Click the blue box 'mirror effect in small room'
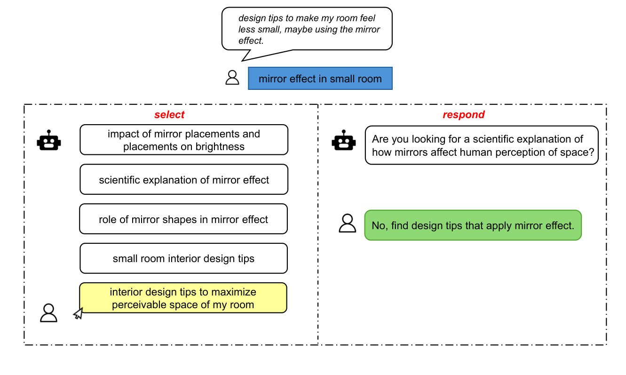pyautogui.click(x=320, y=79)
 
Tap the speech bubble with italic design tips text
pyautogui.click(x=307, y=29)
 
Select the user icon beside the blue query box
pyautogui.click(x=232, y=78)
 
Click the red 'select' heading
pyautogui.click(x=169, y=115)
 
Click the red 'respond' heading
pyautogui.click(x=463, y=115)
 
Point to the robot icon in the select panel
pyautogui.click(x=49, y=140)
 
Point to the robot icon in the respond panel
pyautogui.click(x=343, y=140)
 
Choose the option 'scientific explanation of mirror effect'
pyautogui.click(x=184, y=180)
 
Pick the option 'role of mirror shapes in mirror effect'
pyautogui.click(x=183, y=219)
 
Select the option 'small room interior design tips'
pyautogui.click(x=183, y=258)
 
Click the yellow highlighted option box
pyautogui.click(x=183, y=298)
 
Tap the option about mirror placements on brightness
pyautogui.click(x=184, y=140)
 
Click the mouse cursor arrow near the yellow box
pyautogui.click(x=78, y=314)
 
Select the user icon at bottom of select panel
pyautogui.click(x=48, y=313)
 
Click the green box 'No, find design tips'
pyautogui.click(x=473, y=225)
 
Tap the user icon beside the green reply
pyautogui.click(x=347, y=223)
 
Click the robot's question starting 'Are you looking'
pyautogui.click(x=481, y=145)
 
